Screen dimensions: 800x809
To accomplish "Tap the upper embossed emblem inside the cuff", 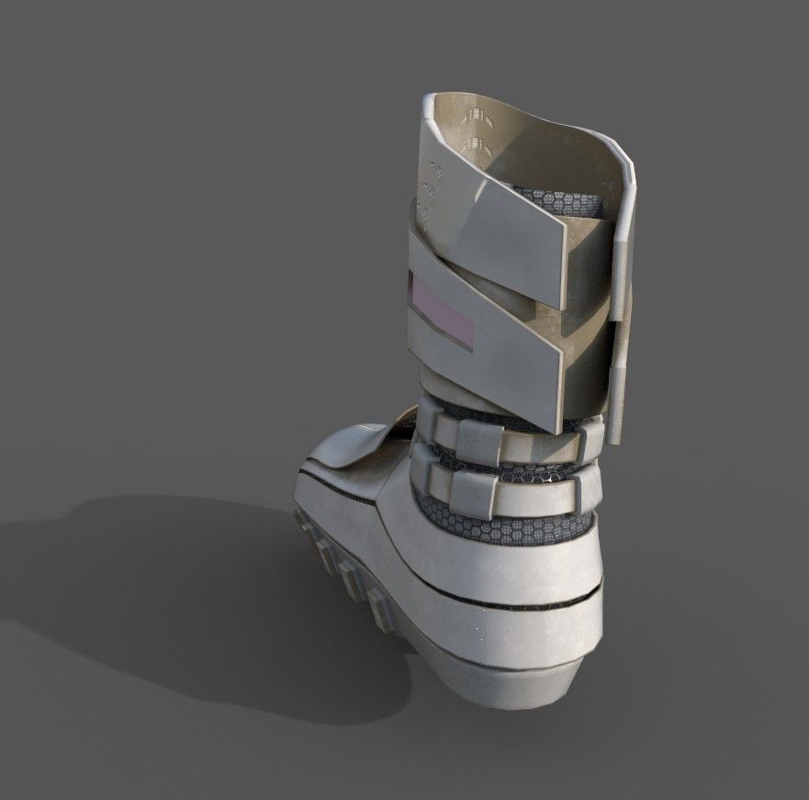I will [476, 116].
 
